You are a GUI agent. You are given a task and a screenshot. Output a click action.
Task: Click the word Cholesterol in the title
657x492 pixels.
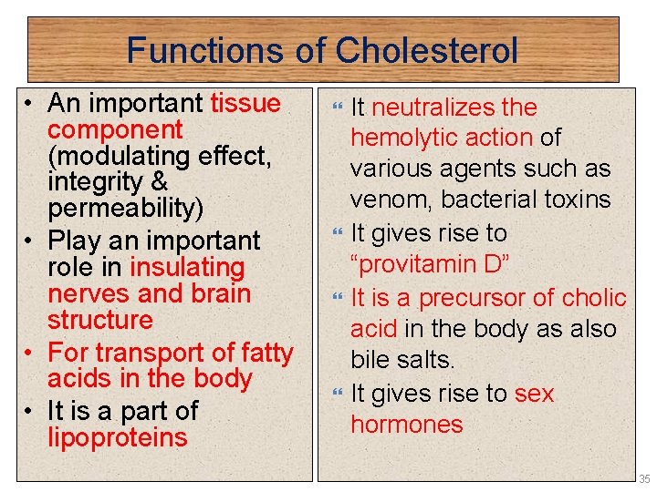pyautogui.click(x=427, y=50)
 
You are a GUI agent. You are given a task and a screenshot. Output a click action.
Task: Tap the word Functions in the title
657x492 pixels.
pyautogui.click(x=205, y=50)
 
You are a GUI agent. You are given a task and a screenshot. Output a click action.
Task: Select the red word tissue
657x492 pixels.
pyautogui.click(x=245, y=103)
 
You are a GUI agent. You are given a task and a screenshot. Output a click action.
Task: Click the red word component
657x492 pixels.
pyautogui.click(x=115, y=129)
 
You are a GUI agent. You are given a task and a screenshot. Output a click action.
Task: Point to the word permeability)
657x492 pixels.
pyautogui.click(x=126, y=209)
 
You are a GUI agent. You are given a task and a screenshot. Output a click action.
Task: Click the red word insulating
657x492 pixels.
pyautogui.click(x=187, y=267)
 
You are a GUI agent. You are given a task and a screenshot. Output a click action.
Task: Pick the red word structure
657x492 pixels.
pyautogui.click(x=100, y=320)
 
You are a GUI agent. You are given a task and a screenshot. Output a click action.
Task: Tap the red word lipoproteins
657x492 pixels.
pyautogui.click(x=118, y=437)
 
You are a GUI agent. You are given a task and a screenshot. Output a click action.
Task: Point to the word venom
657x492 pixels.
pyautogui.click(x=389, y=200)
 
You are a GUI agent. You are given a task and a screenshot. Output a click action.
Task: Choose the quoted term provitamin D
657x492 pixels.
pyautogui.click(x=428, y=264)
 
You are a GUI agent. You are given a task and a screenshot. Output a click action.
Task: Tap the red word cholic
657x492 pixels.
pyautogui.click(x=594, y=298)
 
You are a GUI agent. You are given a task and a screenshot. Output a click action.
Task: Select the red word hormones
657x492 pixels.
pyautogui.click(x=407, y=424)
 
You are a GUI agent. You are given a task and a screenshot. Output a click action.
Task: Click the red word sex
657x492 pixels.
pyautogui.click(x=535, y=394)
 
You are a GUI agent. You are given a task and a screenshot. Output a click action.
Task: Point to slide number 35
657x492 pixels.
pyautogui.click(x=644, y=478)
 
